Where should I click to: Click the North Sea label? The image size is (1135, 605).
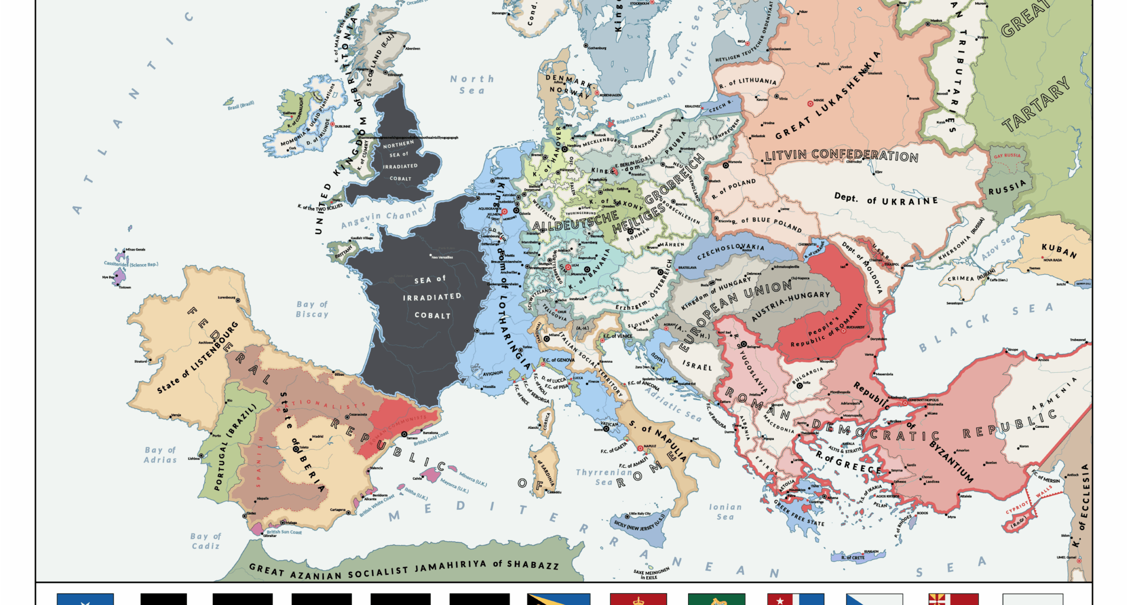472,84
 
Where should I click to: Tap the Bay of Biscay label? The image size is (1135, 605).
312,309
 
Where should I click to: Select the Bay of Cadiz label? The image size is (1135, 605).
205,541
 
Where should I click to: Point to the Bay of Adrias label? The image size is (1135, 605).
160,455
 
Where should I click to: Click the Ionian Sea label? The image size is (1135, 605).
725,512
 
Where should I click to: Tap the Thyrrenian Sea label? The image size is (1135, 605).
604,477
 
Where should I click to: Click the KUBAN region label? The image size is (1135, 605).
1059,251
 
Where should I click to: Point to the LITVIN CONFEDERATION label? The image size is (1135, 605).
841,155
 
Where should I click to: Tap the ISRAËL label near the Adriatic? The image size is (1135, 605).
698,366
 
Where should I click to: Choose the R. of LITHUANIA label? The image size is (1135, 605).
748,83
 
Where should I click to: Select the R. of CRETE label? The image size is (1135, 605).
852,557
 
